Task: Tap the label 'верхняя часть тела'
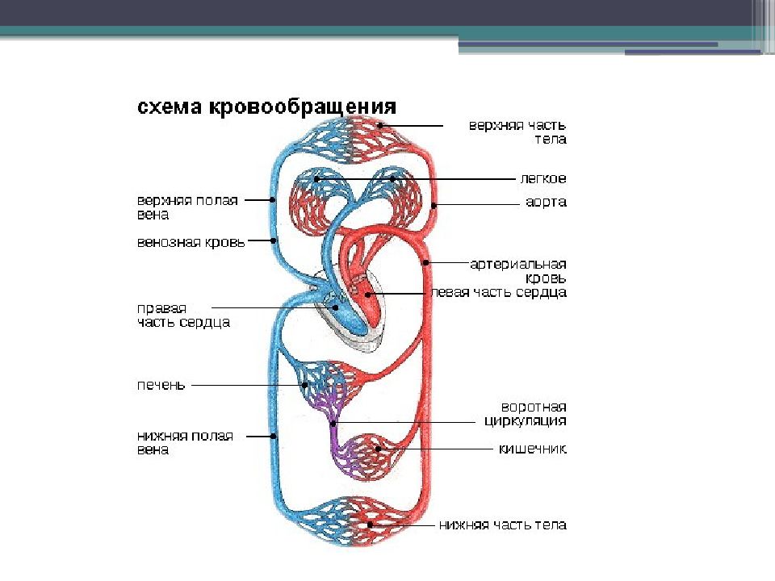click(518, 132)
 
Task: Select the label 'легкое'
click(542, 178)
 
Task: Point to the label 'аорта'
click(547, 203)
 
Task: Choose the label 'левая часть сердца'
click(498, 292)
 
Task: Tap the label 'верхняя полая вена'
click(186, 207)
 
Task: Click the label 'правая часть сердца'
click(182, 315)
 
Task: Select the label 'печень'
click(160, 385)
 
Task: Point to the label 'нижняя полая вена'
click(184, 442)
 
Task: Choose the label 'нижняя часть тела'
click(503, 525)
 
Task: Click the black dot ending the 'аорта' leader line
click(434, 206)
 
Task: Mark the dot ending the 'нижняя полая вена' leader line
click(274, 437)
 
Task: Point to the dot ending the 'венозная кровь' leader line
click(274, 240)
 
